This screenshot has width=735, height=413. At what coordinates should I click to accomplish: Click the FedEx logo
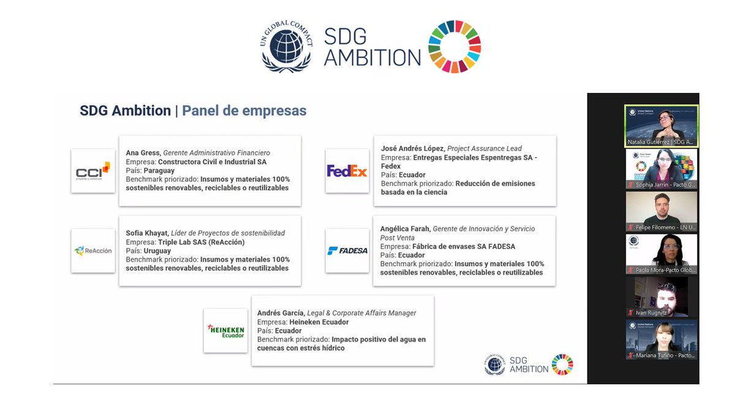pos(347,171)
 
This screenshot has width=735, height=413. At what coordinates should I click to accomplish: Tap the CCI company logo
pos(92,171)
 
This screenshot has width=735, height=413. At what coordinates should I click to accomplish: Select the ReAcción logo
pos(92,251)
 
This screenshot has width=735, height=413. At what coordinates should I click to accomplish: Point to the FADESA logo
pos(347,250)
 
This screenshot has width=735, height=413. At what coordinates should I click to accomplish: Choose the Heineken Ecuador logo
pos(225,331)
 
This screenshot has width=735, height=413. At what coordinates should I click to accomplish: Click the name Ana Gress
pos(143,153)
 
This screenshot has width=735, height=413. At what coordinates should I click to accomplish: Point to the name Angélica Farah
pos(405,229)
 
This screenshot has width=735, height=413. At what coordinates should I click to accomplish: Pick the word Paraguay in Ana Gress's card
pos(159,171)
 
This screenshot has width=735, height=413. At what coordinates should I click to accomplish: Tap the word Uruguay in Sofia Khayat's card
pos(157,251)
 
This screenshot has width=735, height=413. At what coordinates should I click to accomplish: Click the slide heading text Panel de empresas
pos(244,111)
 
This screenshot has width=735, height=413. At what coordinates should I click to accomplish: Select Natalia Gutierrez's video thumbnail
pos(661,126)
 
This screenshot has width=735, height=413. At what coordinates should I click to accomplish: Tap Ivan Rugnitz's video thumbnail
pos(661,297)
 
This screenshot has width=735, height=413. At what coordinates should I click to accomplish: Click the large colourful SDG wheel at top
pos(454,47)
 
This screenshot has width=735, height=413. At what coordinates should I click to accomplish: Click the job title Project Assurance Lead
pos(484,149)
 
